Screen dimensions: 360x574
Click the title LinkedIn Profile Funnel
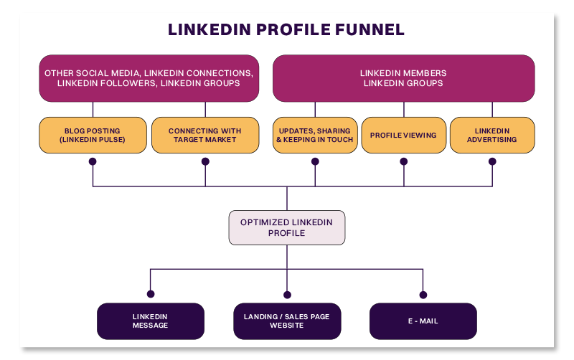[286, 30]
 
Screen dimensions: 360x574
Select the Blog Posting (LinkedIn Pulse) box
[93, 136]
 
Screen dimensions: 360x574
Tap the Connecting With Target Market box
[205, 136]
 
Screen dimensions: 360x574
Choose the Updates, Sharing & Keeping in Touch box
[314, 136]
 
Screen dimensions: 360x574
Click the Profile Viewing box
[403, 136]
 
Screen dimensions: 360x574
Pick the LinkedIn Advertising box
[492, 136]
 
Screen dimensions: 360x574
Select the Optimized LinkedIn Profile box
[286, 228]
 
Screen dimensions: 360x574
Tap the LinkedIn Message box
[151, 321]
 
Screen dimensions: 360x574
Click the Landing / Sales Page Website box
[287, 321]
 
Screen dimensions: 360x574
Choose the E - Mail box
[423, 321]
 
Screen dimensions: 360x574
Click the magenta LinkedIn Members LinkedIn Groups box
[403, 78]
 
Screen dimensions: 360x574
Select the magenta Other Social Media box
[149, 78]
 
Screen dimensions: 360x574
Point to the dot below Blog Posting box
[93, 162]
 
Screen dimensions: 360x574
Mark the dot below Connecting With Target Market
[205, 162]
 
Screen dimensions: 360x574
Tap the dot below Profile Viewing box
[403, 162]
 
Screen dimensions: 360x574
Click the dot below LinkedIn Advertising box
[492, 162]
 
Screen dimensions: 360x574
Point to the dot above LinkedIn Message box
[151, 294]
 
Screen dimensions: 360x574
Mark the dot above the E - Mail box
[423, 294]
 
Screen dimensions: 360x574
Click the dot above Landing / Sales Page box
[287, 294]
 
